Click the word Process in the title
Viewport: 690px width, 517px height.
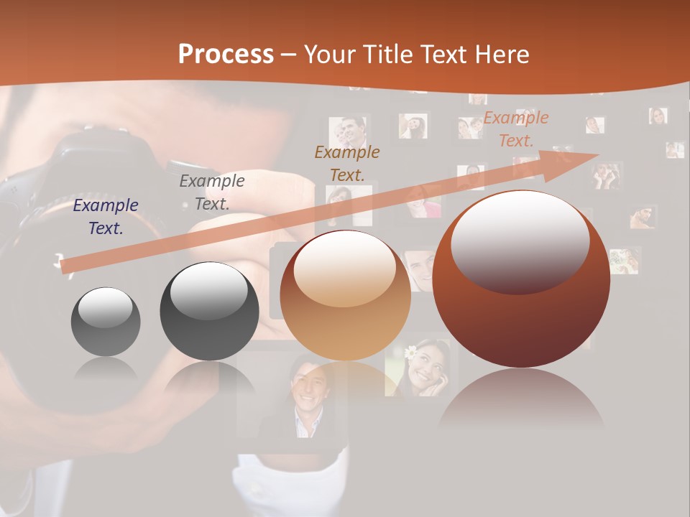tap(226, 54)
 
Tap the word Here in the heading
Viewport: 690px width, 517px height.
tap(502, 55)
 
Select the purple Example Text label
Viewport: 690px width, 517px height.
tap(106, 217)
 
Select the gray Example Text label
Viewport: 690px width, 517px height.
tap(212, 192)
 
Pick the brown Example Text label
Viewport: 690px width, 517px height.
tap(347, 163)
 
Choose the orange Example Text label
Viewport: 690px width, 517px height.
tap(516, 129)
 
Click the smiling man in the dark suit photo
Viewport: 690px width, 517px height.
tap(305, 399)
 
